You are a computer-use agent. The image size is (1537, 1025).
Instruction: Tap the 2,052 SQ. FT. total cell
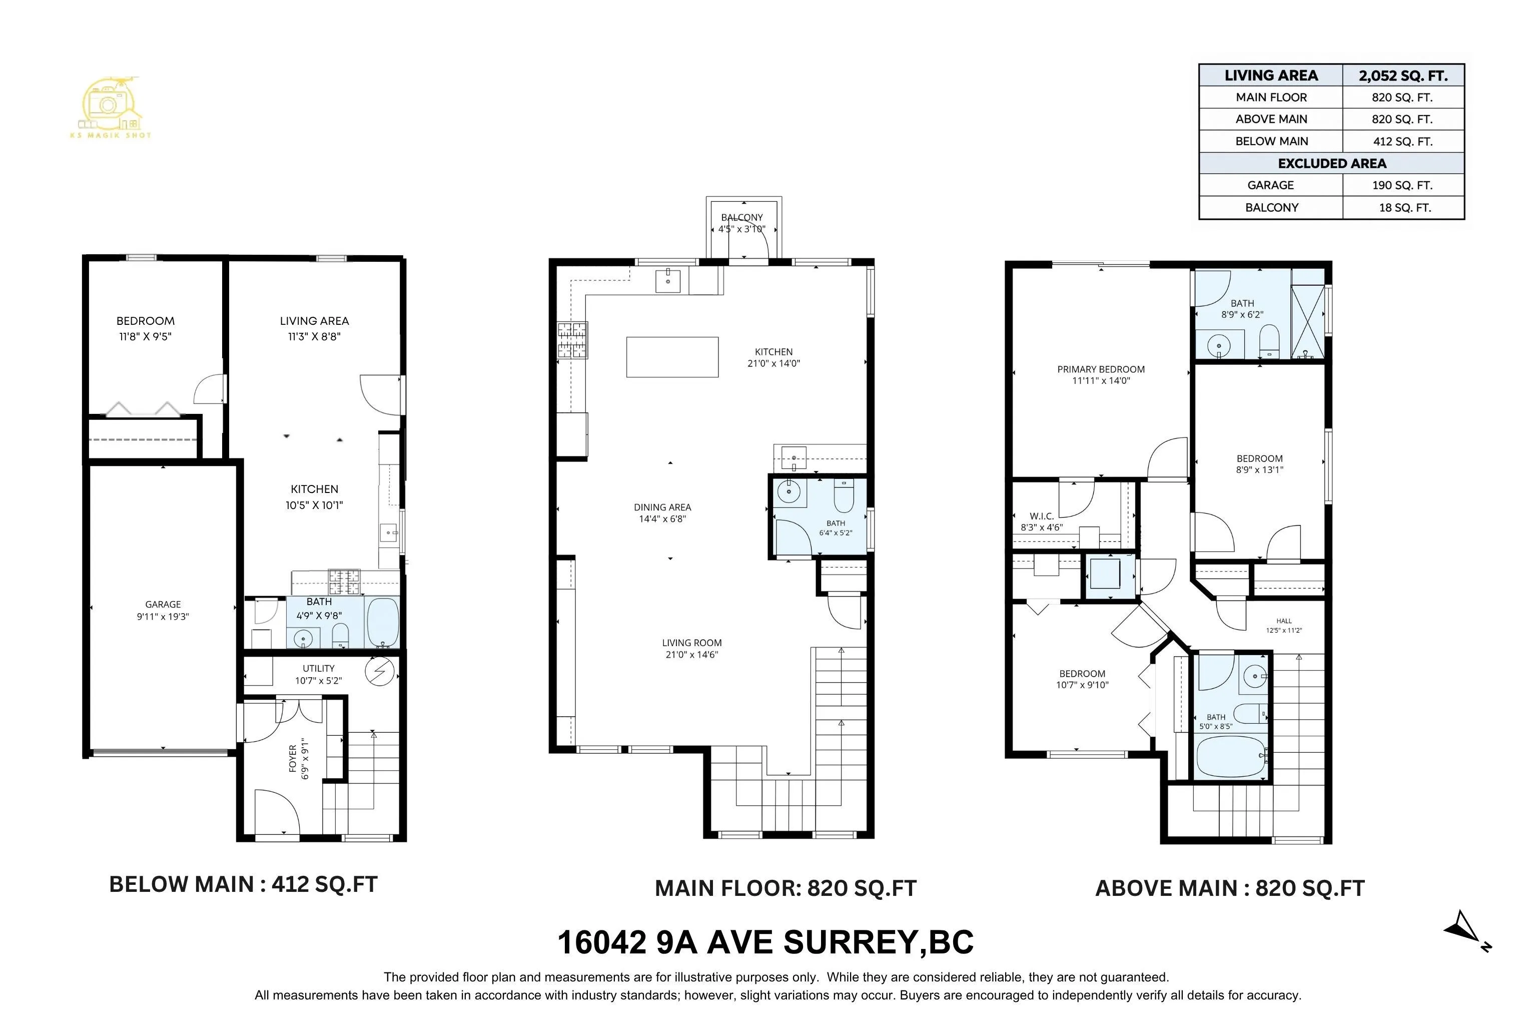click(1403, 76)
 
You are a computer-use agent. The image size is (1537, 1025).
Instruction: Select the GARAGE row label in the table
click(1270, 185)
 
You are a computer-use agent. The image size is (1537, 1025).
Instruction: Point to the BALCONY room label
click(741, 217)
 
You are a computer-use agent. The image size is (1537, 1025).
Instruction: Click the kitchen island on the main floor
click(672, 357)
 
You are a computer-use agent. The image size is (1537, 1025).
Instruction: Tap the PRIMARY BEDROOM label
click(1101, 369)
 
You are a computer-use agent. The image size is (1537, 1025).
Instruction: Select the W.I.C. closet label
click(1041, 517)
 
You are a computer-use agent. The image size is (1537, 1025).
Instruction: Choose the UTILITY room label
click(318, 668)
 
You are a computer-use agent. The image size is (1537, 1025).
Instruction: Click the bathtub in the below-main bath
click(382, 622)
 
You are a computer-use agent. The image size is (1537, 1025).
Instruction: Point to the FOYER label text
click(292, 758)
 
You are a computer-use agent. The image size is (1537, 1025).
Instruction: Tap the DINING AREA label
click(662, 507)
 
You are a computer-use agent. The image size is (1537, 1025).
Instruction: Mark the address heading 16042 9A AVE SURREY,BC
click(765, 942)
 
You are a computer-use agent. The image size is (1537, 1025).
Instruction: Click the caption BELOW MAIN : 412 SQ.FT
click(243, 884)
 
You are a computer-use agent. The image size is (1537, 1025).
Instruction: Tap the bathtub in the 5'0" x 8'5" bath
click(1231, 756)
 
